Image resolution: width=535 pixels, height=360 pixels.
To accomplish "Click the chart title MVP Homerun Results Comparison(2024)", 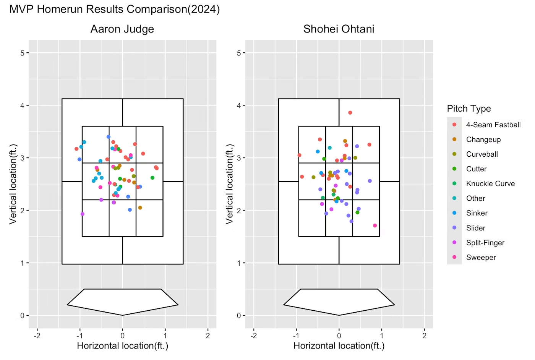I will pos(114,9).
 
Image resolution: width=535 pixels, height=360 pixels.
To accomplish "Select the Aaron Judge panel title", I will pos(122,29).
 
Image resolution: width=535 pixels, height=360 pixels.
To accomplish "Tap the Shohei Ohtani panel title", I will pos(339,29).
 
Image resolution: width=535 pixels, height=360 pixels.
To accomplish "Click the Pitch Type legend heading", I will pos(469,109).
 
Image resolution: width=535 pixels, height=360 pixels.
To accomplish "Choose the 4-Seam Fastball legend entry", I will pos(493,125).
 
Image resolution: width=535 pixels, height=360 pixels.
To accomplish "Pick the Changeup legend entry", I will pos(483,139).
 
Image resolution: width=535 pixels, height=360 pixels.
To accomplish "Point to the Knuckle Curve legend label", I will pos(490,184).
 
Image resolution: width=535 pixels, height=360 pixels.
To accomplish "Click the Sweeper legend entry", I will pos(481,258).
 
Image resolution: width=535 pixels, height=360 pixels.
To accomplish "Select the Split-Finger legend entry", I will pos(485,243).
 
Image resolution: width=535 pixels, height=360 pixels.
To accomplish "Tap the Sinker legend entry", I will pos(477,213).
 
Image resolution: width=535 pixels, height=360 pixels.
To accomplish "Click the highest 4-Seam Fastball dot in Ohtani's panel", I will pos(350,113).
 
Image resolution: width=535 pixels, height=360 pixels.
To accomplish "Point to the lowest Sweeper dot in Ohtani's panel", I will pos(375,225).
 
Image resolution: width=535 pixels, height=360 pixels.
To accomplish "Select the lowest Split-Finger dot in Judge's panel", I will pos(83,214).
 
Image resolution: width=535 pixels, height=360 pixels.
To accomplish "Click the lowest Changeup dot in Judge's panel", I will pos(140,208).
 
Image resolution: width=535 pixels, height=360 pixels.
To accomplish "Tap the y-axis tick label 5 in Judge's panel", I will pos(22,53).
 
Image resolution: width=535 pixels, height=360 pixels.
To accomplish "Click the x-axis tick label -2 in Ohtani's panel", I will pos(253,336).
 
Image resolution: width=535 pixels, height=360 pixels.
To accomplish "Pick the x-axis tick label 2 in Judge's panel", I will pos(208,336).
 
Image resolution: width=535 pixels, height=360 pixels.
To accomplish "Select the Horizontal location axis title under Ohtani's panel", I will pos(339,346).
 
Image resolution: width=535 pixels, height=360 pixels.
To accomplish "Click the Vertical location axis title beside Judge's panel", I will pos(13,184).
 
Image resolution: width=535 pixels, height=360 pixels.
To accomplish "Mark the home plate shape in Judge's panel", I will pos(122,302).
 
